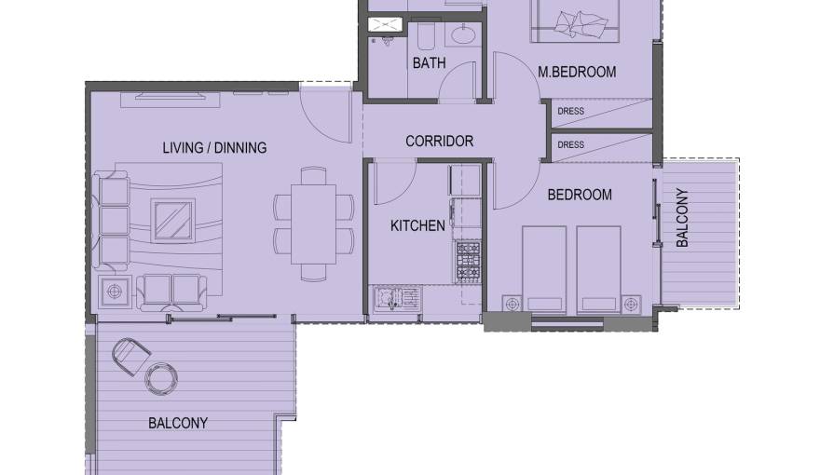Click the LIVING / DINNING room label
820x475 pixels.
point(214,147)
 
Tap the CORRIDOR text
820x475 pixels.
point(439,142)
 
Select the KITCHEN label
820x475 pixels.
point(417,225)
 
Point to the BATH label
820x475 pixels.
point(429,63)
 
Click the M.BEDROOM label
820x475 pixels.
point(577,72)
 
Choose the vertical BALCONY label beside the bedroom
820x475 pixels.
point(682,218)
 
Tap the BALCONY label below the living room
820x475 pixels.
point(178,423)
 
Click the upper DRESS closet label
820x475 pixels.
point(570,112)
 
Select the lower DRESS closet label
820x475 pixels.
point(570,144)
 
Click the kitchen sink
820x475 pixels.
point(395,298)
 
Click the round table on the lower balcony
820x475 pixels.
point(161,377)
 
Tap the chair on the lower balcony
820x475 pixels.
point(130,355)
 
